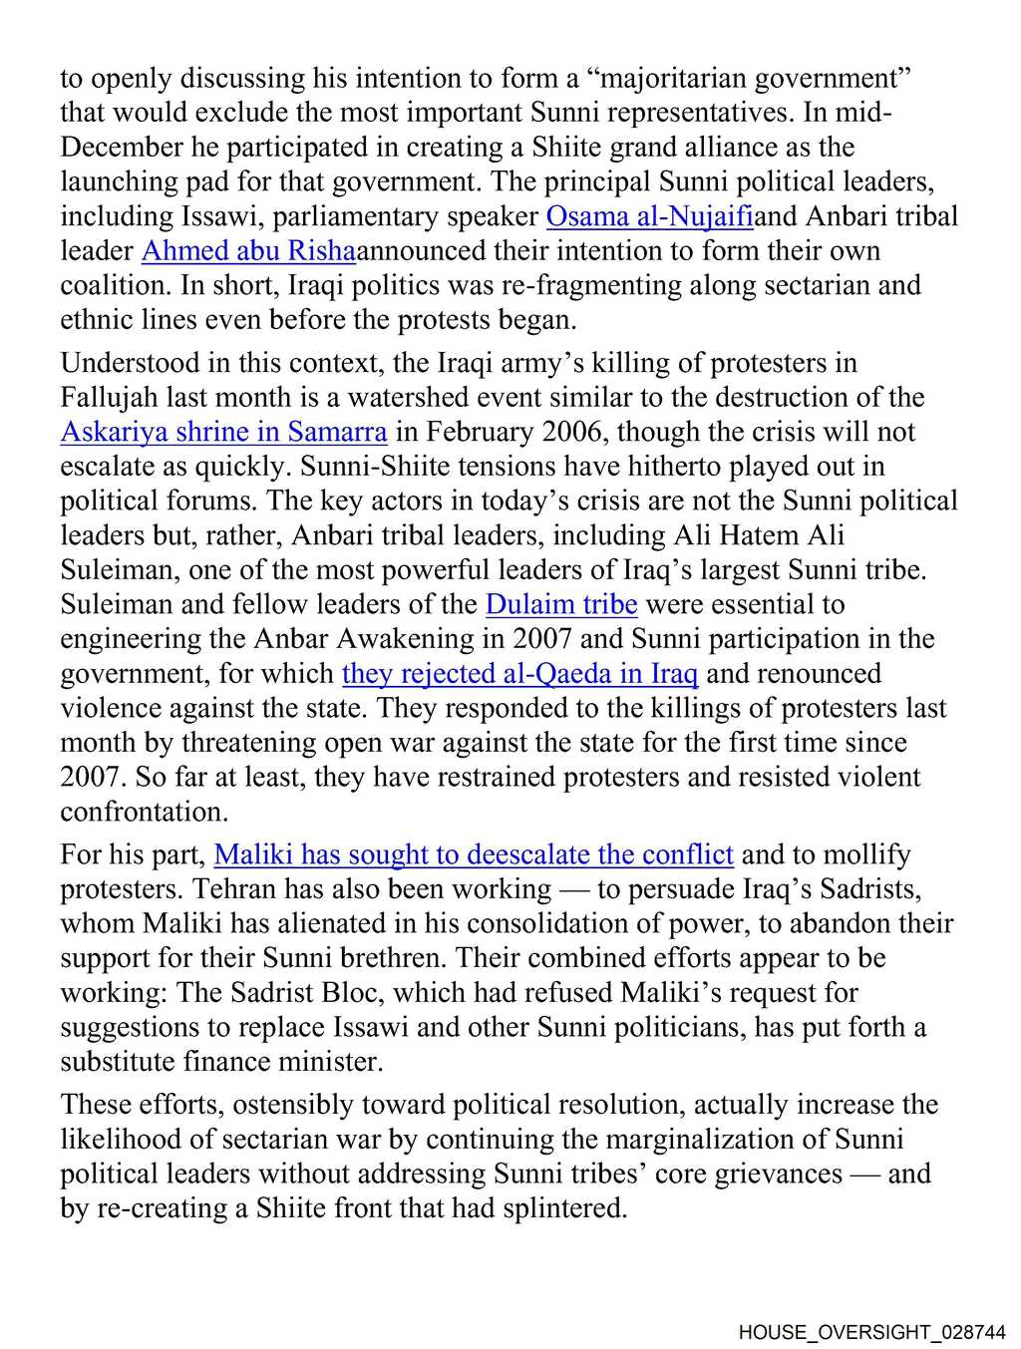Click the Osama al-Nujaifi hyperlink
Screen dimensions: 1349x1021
pyautogui.click(x=649, y=216)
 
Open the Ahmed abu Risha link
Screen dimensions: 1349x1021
pyautogui.click(x=248, y=251)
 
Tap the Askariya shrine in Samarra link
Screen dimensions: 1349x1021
pyautogui.click(x=223, y=432)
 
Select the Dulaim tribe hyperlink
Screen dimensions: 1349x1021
pyautogui.click(x=561, y=604)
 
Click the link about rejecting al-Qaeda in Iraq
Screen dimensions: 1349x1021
pyautogui.click(x=519, y=674)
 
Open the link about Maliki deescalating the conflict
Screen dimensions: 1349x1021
pyautogui.click(x=474, y=854)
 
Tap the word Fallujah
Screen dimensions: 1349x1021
pyautogui.click(x=110, y=398)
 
